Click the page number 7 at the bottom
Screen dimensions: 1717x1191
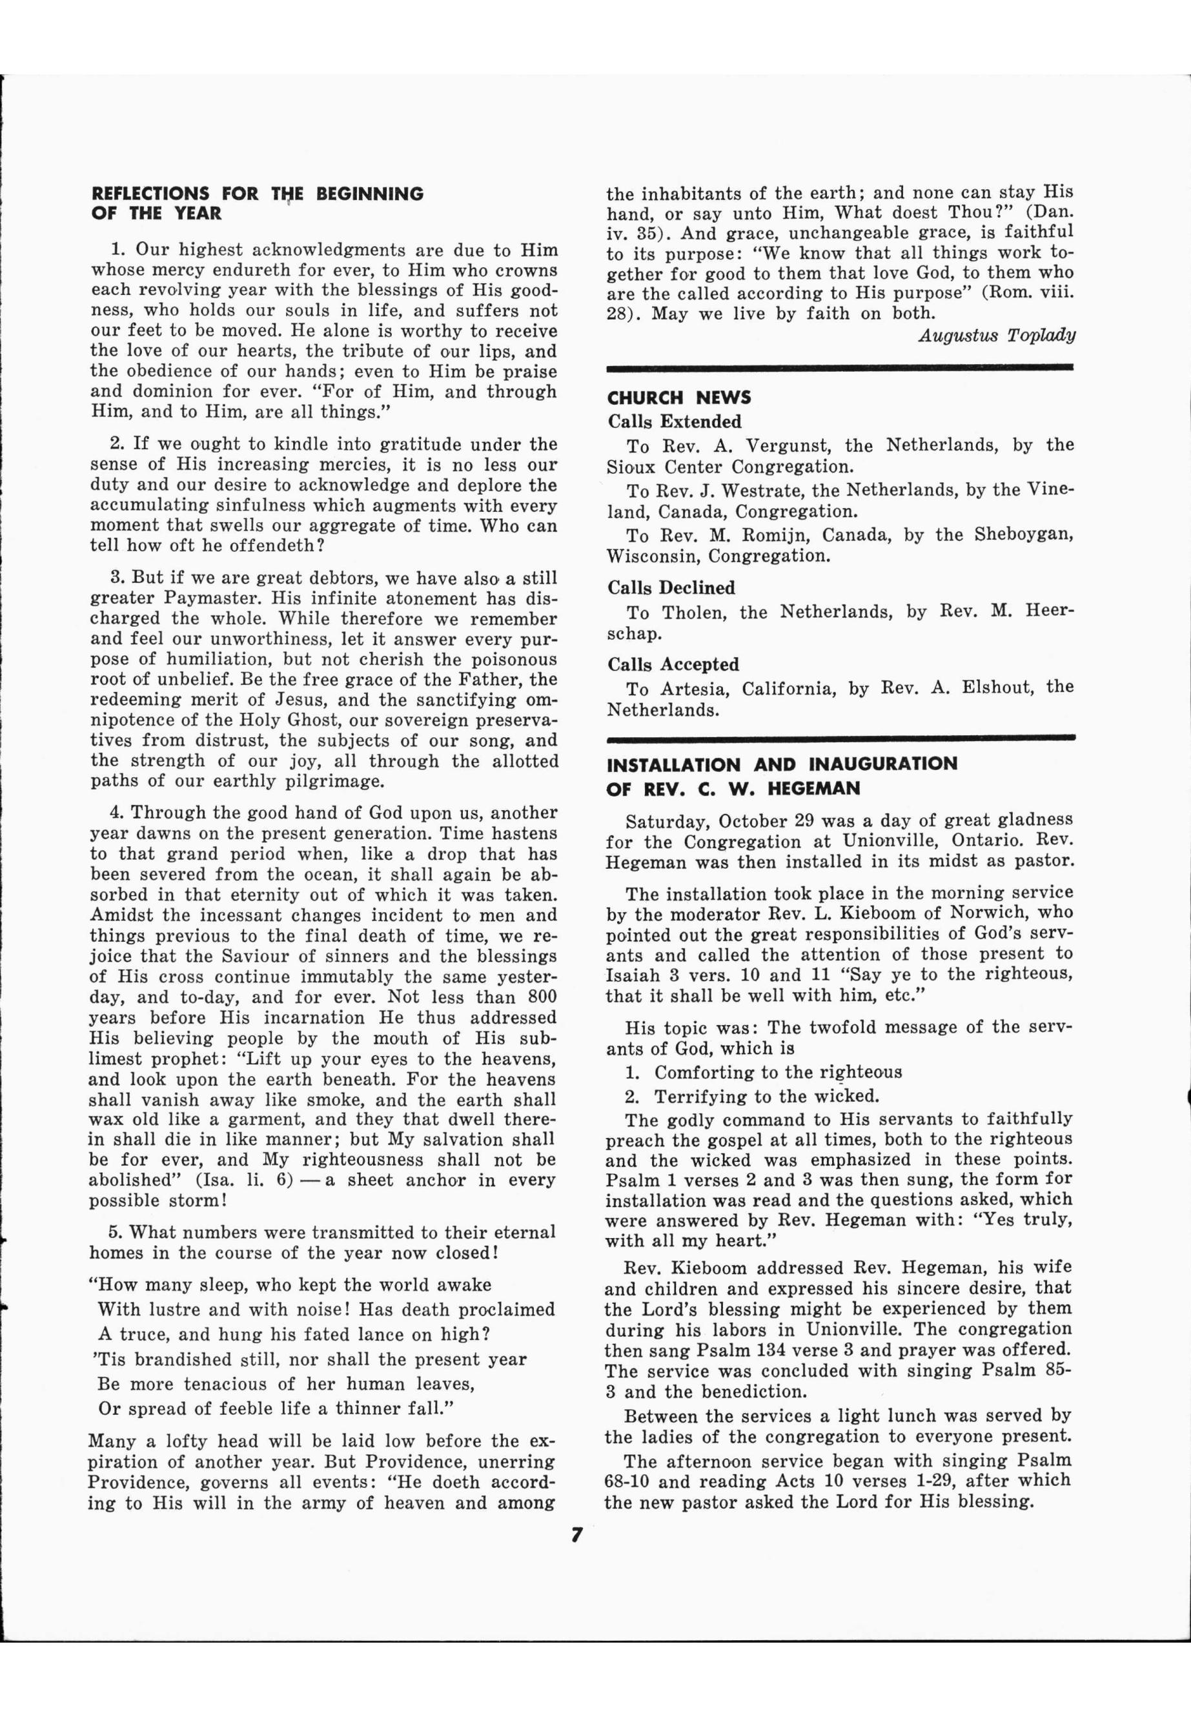pyautogui.click(x=576, y=1534)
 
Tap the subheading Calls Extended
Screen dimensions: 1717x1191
pyautogui.click(x=674, y=422)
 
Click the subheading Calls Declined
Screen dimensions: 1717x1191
pyautogui.click(x=671, y=587)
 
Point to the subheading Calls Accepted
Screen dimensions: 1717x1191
pyautogui.click(x=673, y=664)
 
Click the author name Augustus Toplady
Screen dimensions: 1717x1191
pyautogui.click(x=996, y=335)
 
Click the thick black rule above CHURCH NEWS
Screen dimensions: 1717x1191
pyautogui.click(x=840, y=367)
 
